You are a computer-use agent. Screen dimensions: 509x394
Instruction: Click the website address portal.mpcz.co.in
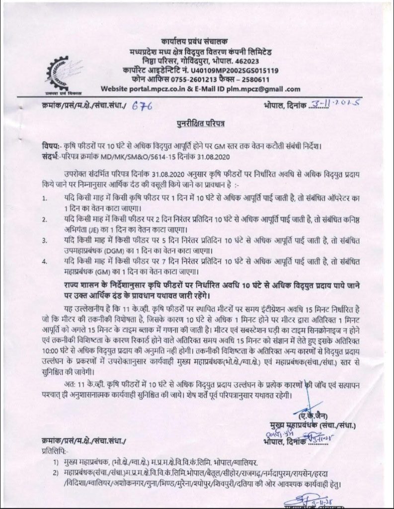tap(172, 89)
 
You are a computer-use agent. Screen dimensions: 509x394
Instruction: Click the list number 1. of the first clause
tap(45, 199)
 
